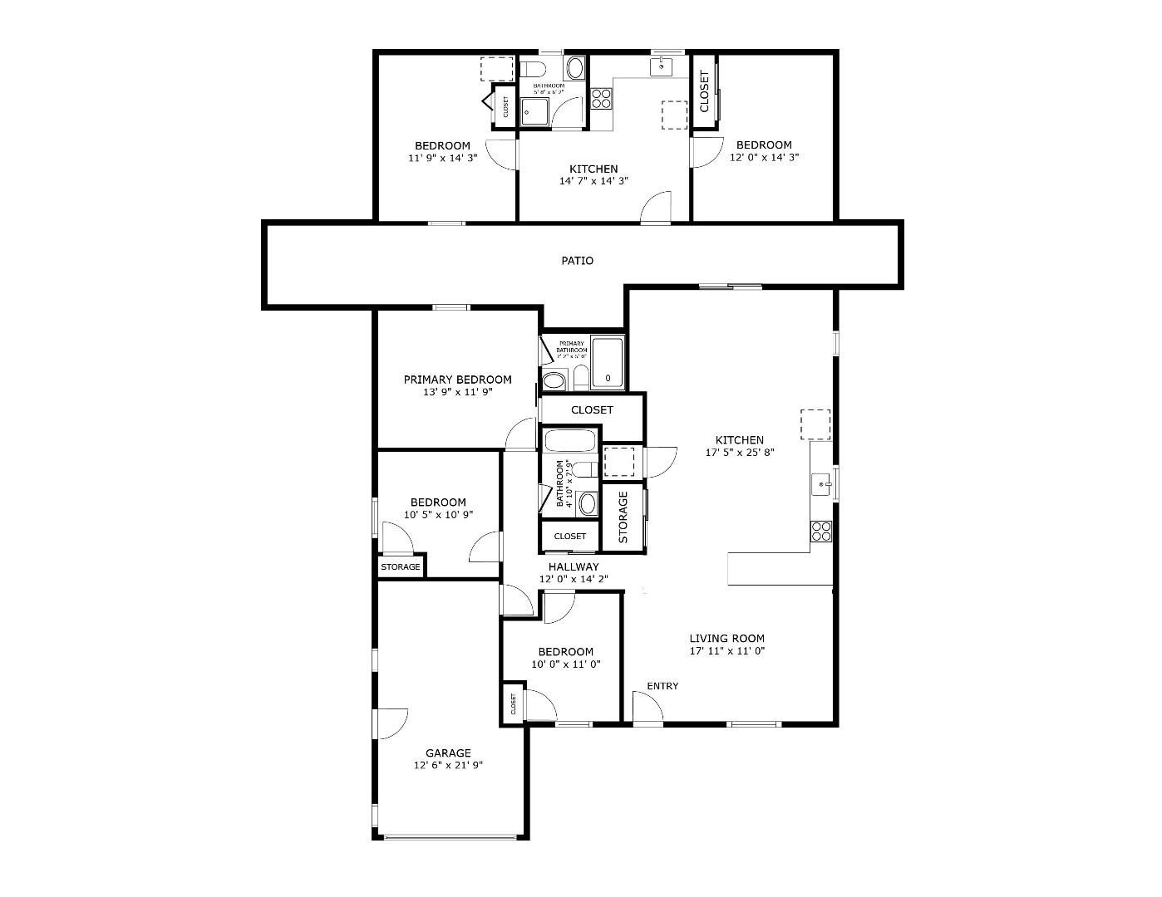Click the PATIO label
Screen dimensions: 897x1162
[x=577, y=261]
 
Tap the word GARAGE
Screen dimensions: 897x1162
[x=448, y=753]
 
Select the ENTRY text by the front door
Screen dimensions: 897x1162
[x=662, y=686]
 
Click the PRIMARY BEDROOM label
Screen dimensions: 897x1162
[x=457, y=380]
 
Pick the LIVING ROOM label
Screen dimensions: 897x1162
[x=726, y=639]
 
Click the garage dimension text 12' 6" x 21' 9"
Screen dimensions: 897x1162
[x=448, y=766]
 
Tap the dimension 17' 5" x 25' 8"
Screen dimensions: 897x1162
[x=739, y=453]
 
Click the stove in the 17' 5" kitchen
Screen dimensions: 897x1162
[x=820, y=531]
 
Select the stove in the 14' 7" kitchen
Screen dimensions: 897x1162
[x=601, y=99]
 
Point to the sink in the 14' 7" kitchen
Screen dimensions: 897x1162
[x=662, y=66]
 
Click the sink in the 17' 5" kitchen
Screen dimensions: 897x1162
[x=821, y=483]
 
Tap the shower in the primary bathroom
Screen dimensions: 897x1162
[x=607, y=363]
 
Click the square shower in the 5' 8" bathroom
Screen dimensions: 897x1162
[x=536, y=112]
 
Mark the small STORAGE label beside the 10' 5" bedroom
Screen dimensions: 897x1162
[x=401, y=567]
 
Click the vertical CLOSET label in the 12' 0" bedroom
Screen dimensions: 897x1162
[x=705, y=91]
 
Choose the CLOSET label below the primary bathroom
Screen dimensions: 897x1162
[x=592, y=409]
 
